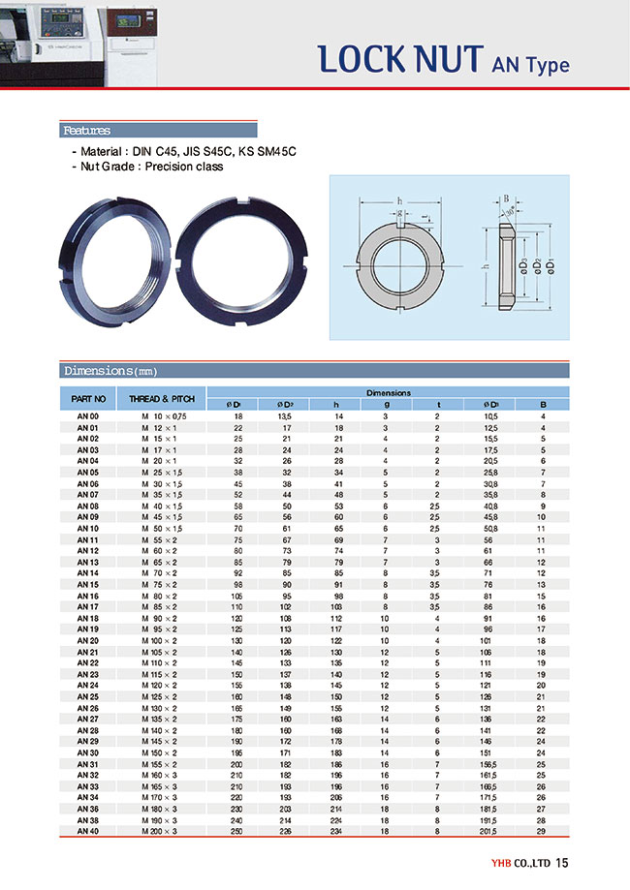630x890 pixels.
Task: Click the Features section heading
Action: pos(86,131)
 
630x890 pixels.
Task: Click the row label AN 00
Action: pos(87,415)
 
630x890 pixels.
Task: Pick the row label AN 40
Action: pos(87,831)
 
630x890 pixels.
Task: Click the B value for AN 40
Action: pos(543,831)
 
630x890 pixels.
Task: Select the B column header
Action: pos(543,404)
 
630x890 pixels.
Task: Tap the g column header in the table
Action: pos(385,404)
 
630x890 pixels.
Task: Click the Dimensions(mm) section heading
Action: pos(110,370)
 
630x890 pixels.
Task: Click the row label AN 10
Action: pos(87,529)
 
